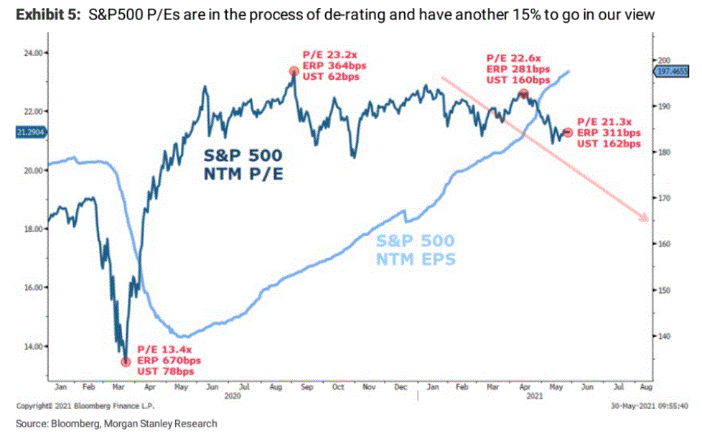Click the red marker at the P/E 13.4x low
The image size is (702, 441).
[x=126, y=361]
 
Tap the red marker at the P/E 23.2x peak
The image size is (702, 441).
[x=293, y=71]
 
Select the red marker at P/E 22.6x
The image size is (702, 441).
[x=524, y=94]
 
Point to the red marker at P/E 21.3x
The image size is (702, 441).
[x=568, y=133]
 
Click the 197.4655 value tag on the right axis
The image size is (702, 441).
[x=673, y=73]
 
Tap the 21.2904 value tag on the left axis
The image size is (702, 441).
[x=29, y=132]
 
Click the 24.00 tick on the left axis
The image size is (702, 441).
[x=34, y=52]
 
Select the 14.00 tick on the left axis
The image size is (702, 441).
[x=34, y=346]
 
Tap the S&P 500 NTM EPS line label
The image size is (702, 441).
[x=416, y=250]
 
